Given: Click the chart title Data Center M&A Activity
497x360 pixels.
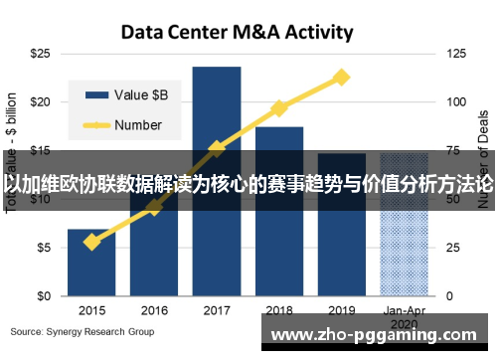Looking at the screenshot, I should pyautogui.click(x=237, y=32).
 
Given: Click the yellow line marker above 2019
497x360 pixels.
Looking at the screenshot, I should pyautogui.click(x=341, y=77).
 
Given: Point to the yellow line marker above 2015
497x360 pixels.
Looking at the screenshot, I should pyautogui.click(x=91, y=242).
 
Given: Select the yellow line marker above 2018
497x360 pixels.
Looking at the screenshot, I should pyautogui.click(x=279, y=107).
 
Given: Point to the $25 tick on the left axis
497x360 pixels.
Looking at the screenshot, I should pyautogui.click(x=41, y=53).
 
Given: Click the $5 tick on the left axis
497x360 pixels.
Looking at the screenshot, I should pyautogui.click(x=44, y=248).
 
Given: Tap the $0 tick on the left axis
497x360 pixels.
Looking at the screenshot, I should pyautogui.click(x=44, y=296).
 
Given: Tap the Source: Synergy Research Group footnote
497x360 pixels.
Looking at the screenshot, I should pyautogui.click(x=83, y=331).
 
